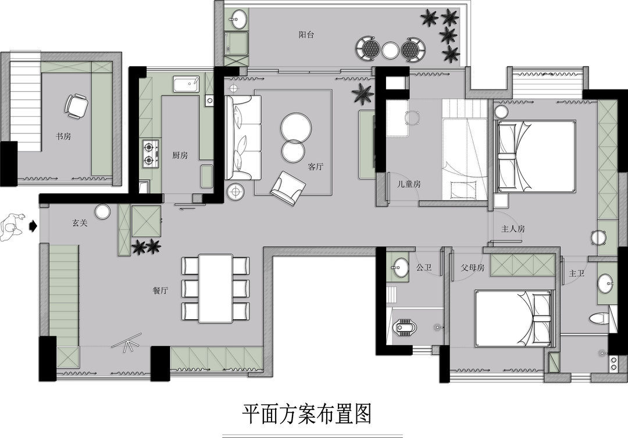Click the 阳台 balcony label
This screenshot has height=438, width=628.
pyautogui.click(x=306, y=35)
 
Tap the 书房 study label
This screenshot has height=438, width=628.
pyautogui.click(x=63, y=136)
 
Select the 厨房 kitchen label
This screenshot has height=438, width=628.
pyautogui.click(x=180, y=155)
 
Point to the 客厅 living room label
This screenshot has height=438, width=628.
pyautogui.click(x=316, y=167)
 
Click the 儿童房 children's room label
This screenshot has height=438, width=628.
pyautogui.click(x=409, y=184)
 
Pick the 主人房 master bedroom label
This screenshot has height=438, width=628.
pyautogui.click(x=513, y=229)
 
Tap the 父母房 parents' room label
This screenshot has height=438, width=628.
pyautogui.click(x=473, y=268)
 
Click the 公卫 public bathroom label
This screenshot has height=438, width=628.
pyautogui.click(x=424, y=267)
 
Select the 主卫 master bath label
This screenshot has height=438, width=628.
pyautogui.click(x=577, y=273)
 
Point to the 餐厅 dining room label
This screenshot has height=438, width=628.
pyautogui.click(x=160, y=290)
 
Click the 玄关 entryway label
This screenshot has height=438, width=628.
pyautogui.click(x=80, y=223)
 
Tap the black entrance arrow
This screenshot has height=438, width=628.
pyautogui.click(x=33, y=226)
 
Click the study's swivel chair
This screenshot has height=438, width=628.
pyautogui.click(x=76, y=106)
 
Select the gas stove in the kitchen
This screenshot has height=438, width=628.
pyautogui.click(x=150, y=154)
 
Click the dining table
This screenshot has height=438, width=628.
pyautogui.click(x=216, y=288)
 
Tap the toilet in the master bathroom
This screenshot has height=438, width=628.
pyautogui.click(x=599, y=318)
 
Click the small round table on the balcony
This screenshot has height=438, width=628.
pyautogui.click(x=391, y=49)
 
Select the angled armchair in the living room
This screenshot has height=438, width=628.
pyautogui.click(x=288, y=188)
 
